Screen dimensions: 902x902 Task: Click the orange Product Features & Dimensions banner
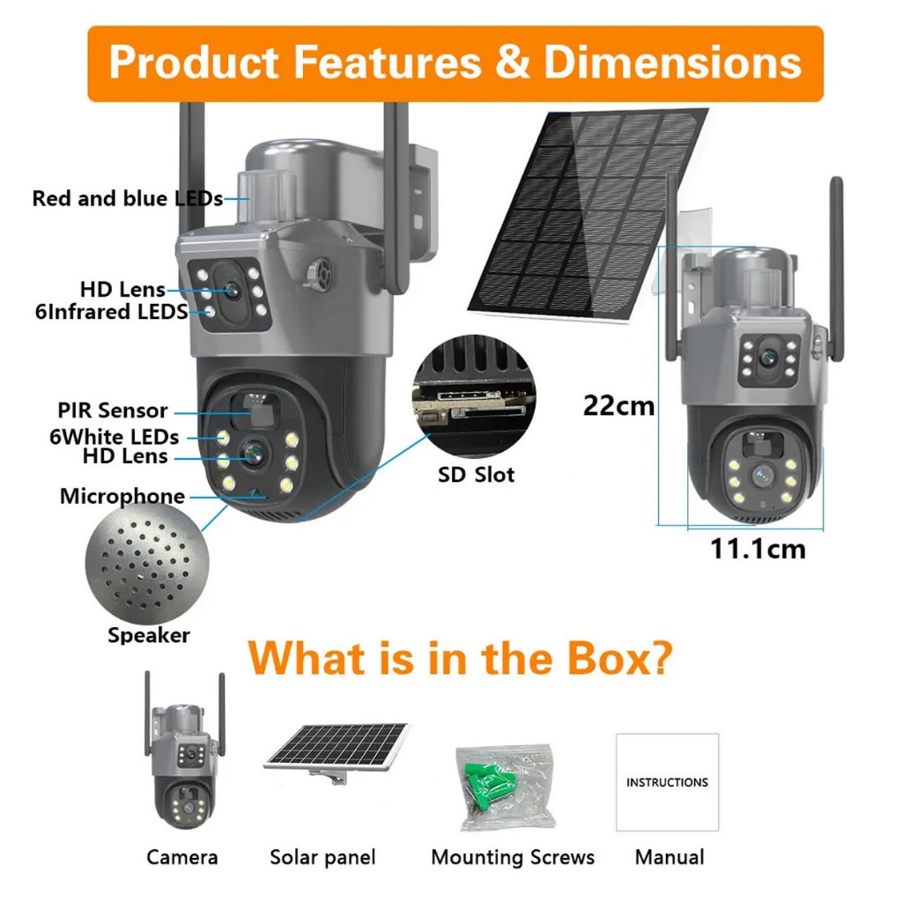[x=455, y=63]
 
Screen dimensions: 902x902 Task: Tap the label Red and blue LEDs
[x=127, y=198]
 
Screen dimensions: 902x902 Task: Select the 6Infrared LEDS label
[x=111, y=311]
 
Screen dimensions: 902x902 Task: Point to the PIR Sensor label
[x=112, y=410]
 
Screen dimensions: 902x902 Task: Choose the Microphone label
[x=122, y=496]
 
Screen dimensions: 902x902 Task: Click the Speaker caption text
[x=148, y=634]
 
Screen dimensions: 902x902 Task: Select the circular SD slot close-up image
[x=475, y=396]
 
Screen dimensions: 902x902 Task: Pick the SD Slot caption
[x=477, y=475]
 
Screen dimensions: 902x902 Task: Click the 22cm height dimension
[x=618, y=405]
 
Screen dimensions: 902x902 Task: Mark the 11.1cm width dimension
[x=758, y=549]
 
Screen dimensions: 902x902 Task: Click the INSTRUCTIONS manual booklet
[x=667, y=781]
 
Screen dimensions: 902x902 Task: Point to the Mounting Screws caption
[x=513, y=857]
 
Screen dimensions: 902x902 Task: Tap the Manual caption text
[x=669, y=856]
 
